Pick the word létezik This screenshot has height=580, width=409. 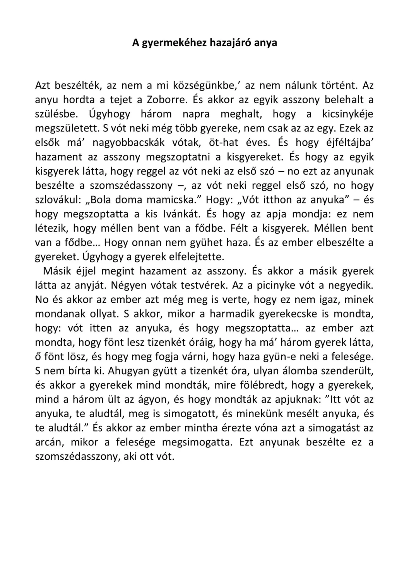tap(50, 229)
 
